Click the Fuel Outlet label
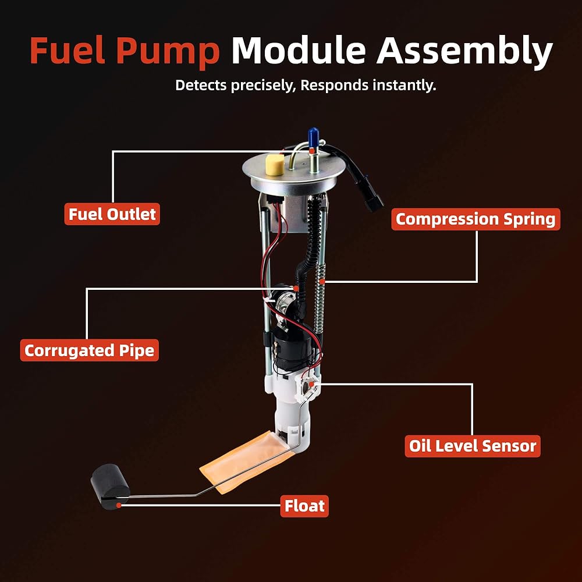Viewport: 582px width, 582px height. [x=112, y=214]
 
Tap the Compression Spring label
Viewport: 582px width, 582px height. [x=475, y=219]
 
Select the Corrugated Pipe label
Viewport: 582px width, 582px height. [x=90, y=350]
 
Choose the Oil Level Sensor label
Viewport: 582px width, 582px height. [x=473, y=446]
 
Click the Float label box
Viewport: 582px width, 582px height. [x=304, y=506]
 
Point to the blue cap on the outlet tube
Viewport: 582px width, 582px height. [x=313, y=137]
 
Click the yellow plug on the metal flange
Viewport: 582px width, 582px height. [x=275, y=164]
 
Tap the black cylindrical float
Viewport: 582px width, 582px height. [x=110, y=486]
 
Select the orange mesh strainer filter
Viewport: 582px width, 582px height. [x=244, y=460]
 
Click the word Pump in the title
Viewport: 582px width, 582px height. [x=168, y=51]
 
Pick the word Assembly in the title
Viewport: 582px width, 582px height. [x=464, y=51]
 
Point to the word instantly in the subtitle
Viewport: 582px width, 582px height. [x=404, y=86]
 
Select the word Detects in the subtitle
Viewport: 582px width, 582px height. [x=201, y=85]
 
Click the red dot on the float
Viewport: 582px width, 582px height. [x=118, y=505]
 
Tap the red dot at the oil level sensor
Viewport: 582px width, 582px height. [x=311, y=384]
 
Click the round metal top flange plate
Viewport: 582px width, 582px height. [x=293, y=175]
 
